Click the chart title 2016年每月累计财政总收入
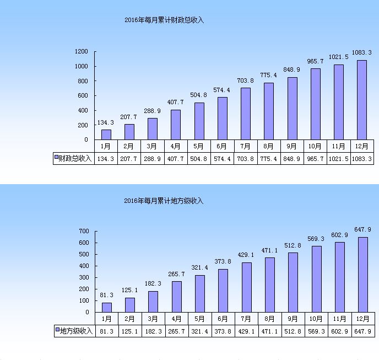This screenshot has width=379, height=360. pyautogui.click(x=164, y=20)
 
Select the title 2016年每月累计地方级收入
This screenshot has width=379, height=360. pyautogui.click(x=164, y=201)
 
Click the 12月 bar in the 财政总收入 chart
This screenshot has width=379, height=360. pyautogui.click(x=362, y=99)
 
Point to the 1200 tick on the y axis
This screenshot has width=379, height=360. pyautogui.click(x=82, y=52)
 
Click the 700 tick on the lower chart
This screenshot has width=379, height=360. pyautogui.click(x=84, y=231)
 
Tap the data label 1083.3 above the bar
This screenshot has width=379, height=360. pyautogui.click(x=362, y=53)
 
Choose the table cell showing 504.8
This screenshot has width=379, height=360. pyautogui.click(x=199, y=159)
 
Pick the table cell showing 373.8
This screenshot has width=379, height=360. pyautogui.click(x=223, y=331)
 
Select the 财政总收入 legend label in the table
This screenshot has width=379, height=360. pyautogui.click(x=75, y=159)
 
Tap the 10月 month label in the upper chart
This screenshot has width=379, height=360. pyautogui.click(x=316, y=147)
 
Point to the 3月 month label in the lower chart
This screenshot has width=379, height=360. pyautogui.click(x=153, y=319)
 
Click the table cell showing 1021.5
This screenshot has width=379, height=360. pyautogui.click(x=339, y=159)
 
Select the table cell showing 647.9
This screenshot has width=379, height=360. pyautogui.click(x=362, y=331)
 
